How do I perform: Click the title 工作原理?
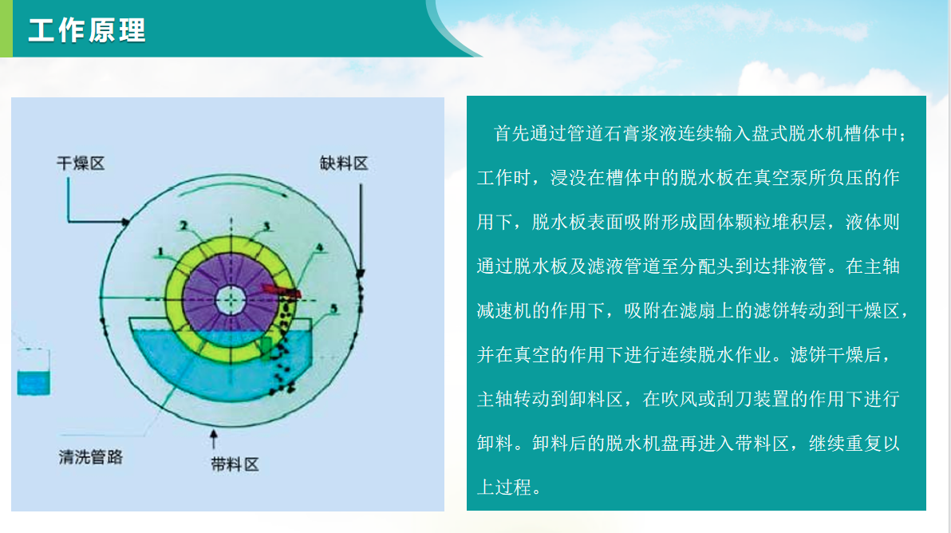click(x=87, y=30)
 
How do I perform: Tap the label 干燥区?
click(x=81, y=164)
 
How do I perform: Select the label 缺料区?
click(x=344, y=164)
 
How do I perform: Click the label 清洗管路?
click(x=91, y=457)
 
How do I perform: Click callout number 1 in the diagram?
click(x=160, y=252)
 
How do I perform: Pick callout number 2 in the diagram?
click(x=183, y=227)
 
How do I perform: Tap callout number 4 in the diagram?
click(x=320, y=248)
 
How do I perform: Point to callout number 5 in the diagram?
click(x=333, y=306)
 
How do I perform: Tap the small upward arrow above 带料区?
click(x=213, y=437)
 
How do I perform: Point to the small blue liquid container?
click(x=34, y=373)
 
